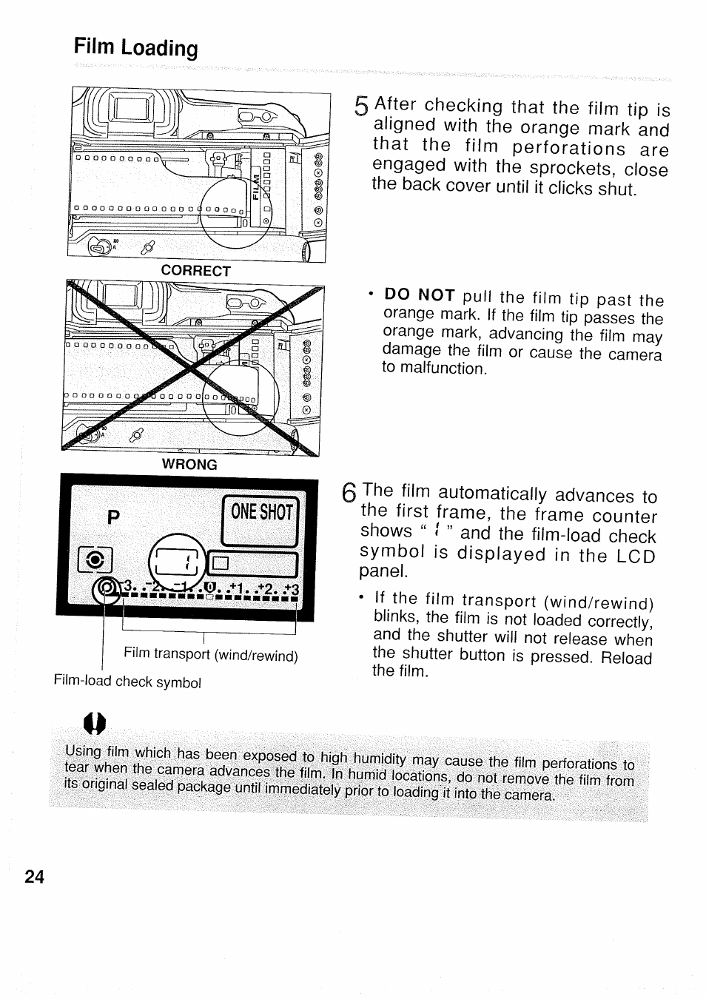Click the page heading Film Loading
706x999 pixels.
tap(136, 48)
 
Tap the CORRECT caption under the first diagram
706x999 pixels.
tap(196, 271)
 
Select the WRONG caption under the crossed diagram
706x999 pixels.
tap(190, 464)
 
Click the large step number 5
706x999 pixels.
tap(360, 108)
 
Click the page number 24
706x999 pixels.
tap(34, 877)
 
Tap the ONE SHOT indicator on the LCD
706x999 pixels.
tap(262, 512)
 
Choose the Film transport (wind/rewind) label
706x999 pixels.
tap(211, 655)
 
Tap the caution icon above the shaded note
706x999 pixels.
tap(95, 721)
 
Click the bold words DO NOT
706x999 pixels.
tap(420, 295)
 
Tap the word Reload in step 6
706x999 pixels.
tap(626, 657)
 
